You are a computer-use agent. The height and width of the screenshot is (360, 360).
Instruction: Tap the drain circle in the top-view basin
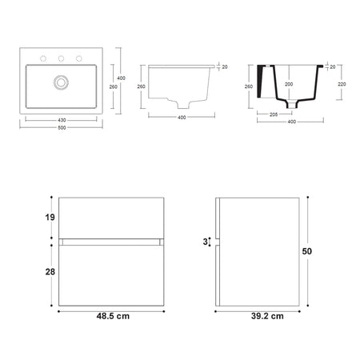click(x=58, y=82)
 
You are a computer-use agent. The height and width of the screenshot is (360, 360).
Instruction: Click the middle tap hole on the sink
click(x=60, y=58)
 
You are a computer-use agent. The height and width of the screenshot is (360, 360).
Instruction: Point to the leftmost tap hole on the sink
click(x=42, y=58)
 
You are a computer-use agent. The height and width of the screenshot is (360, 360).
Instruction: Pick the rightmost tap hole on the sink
click(x=78, y=58)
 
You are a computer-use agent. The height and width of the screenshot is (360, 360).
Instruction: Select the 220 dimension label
click(x=342, y=82)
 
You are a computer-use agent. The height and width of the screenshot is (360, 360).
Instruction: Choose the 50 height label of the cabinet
click(x=307, y=250)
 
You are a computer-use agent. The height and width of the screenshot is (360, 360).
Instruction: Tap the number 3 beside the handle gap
click(x=204, y=241)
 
